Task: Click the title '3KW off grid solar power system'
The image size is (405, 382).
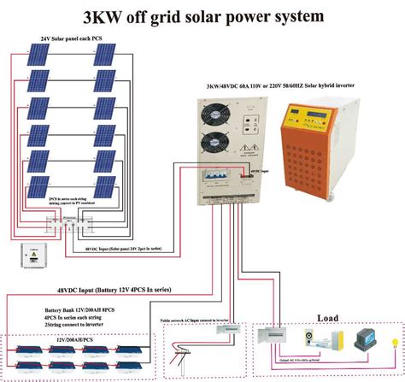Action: coord(203,15)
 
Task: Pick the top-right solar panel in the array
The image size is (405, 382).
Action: coord(106,56)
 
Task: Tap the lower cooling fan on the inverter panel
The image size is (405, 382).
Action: coord(214,144)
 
